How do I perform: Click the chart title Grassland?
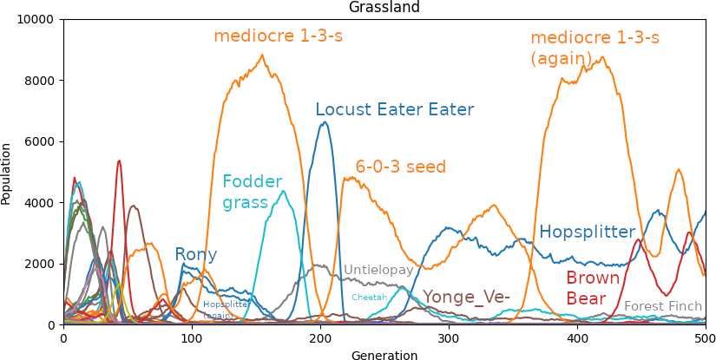(384, 8)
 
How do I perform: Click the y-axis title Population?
(7, 173)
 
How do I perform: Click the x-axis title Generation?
(384, 355)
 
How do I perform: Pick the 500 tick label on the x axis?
(705, 338)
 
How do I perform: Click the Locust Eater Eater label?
(394, 110)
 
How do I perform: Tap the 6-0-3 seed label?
(400, 167)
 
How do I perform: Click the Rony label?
(195, 255)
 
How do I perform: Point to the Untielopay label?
(378, 271)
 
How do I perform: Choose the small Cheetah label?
(369, 298)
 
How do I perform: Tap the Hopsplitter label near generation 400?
(587, 232)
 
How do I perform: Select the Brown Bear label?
(593, 288)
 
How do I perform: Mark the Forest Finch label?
(663, 306)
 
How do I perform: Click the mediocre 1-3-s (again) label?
(594, 48)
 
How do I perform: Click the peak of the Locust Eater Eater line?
(325, 121)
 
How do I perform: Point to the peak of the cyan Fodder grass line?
(283, 191)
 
